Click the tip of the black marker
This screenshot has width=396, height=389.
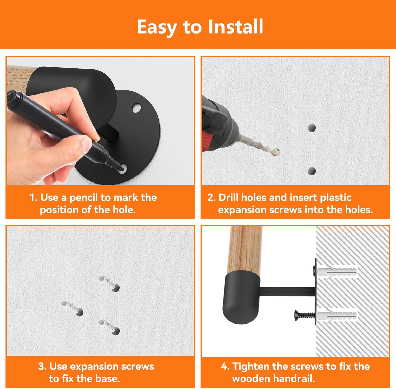(122, 168)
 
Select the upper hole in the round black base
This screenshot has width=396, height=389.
(136, 108)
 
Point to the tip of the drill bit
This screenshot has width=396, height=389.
(278, 152)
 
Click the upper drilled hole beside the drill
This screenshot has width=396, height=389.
(312, 128)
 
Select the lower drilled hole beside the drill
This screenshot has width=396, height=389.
(312, 171)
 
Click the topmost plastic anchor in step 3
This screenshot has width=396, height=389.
(109, 283)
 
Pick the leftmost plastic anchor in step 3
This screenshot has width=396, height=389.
(72, 308)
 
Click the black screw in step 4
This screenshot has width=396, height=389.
(305, 315)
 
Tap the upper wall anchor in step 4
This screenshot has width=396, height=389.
(337, 271)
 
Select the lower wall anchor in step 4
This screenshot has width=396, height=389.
(337, 315)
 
